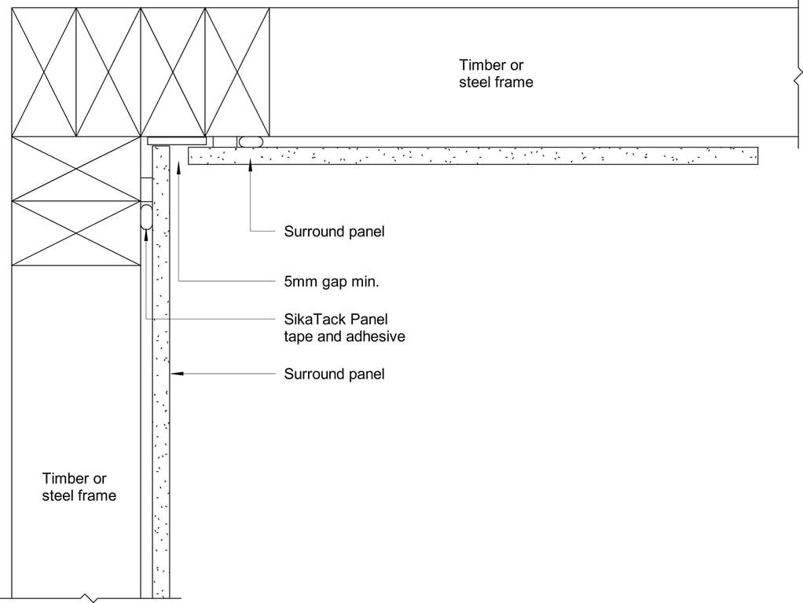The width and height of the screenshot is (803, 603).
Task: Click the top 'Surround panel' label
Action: tap(334, 232)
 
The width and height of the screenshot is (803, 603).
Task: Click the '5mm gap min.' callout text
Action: tap(332, 280)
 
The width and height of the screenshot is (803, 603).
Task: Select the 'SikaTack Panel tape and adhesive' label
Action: tap(344, 327)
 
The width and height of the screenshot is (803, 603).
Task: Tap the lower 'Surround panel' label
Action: tap(334, 374)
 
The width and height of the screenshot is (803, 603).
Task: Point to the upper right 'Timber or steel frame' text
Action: tap(496, 74)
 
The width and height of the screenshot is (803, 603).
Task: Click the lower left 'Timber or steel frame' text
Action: tap(79, 487)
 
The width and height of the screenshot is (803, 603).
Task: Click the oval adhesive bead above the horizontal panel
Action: tap(251, 141)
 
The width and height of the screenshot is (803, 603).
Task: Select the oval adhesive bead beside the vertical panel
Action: tap(146, 215)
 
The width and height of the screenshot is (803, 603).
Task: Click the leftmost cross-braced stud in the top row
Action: tap(44, 72)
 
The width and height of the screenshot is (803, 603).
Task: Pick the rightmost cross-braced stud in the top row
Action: tap(237, 72)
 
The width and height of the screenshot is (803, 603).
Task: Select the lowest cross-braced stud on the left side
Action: tap(76, 233)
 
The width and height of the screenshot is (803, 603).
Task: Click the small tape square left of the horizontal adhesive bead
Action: tap(225, 141)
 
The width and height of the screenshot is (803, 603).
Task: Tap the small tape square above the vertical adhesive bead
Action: tap(146, 189)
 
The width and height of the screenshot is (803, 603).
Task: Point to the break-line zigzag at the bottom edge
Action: tap(92, 599)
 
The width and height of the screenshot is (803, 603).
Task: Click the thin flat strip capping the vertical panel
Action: tap(178, 141)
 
